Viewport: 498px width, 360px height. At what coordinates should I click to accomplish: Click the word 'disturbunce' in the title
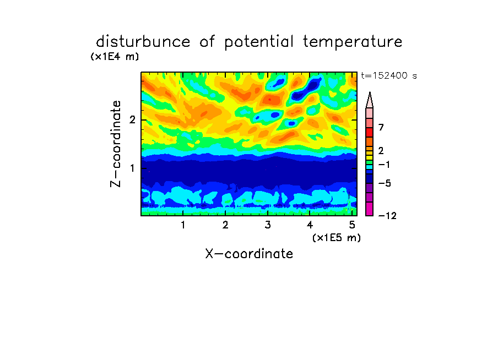[143, 42]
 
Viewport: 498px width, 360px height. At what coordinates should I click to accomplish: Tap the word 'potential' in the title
[259, 42]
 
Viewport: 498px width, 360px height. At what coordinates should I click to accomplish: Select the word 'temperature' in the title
[353, 42]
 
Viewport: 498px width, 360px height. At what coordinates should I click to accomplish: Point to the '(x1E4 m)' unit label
[115, 57]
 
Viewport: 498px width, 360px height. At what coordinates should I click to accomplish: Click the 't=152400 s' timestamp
[389, 75]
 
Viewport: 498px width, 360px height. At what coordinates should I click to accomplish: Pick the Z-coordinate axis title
[116, 144]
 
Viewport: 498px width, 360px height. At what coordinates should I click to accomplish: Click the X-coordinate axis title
[249, 254]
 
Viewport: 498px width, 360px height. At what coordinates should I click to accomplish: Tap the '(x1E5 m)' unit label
[337, 237]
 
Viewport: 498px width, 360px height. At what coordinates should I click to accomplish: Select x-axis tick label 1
[183, 225]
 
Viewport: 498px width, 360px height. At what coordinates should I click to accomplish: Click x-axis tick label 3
[268, 225]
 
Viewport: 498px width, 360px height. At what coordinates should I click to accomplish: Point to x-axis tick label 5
[352, 225]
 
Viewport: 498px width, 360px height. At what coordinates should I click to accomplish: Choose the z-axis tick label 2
[132, 120]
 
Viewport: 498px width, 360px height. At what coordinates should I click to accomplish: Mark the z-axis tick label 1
[132, 168]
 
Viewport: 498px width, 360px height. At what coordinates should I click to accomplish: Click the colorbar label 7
[381, 127]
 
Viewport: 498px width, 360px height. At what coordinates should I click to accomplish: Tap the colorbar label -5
[385, 183]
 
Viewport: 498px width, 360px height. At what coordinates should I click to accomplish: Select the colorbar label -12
[387, 216]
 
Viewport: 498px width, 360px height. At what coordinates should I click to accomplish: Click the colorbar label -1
[384, 165]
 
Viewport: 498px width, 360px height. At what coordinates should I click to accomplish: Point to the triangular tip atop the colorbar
[370, 92]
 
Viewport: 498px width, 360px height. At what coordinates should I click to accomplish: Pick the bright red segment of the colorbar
[370, 132]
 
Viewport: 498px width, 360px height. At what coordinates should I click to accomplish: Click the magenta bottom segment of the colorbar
[370, 209]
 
